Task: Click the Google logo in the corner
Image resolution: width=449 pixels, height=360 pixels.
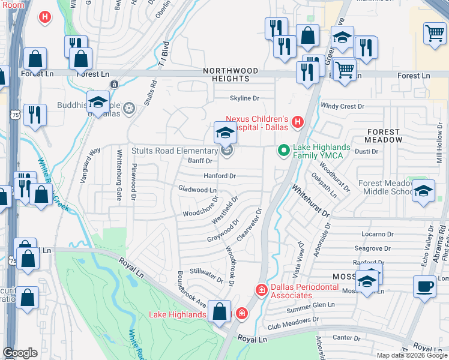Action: coord(20,353)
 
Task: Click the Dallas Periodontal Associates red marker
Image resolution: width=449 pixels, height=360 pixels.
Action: coord(261,290)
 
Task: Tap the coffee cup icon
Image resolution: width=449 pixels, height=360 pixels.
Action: coord(424,286)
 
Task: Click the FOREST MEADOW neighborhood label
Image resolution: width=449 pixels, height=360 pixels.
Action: coord(384,136)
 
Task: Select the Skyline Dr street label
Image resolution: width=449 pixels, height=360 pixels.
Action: coord(244,98)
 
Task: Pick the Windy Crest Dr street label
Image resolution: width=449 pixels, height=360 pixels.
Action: coord(342,106)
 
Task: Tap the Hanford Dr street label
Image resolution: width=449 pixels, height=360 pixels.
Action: coord(220,176)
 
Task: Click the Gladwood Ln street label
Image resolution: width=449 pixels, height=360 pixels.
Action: coord(197,189)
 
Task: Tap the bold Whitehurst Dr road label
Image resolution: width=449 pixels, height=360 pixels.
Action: coord(310,200)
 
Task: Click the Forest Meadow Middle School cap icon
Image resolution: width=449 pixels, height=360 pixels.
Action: coord(423,191)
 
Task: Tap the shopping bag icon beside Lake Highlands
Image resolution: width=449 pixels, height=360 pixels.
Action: coord(220,311)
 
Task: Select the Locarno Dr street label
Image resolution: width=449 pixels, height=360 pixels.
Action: coord(377,234)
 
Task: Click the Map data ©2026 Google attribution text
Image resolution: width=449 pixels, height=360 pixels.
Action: coord(412,355)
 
